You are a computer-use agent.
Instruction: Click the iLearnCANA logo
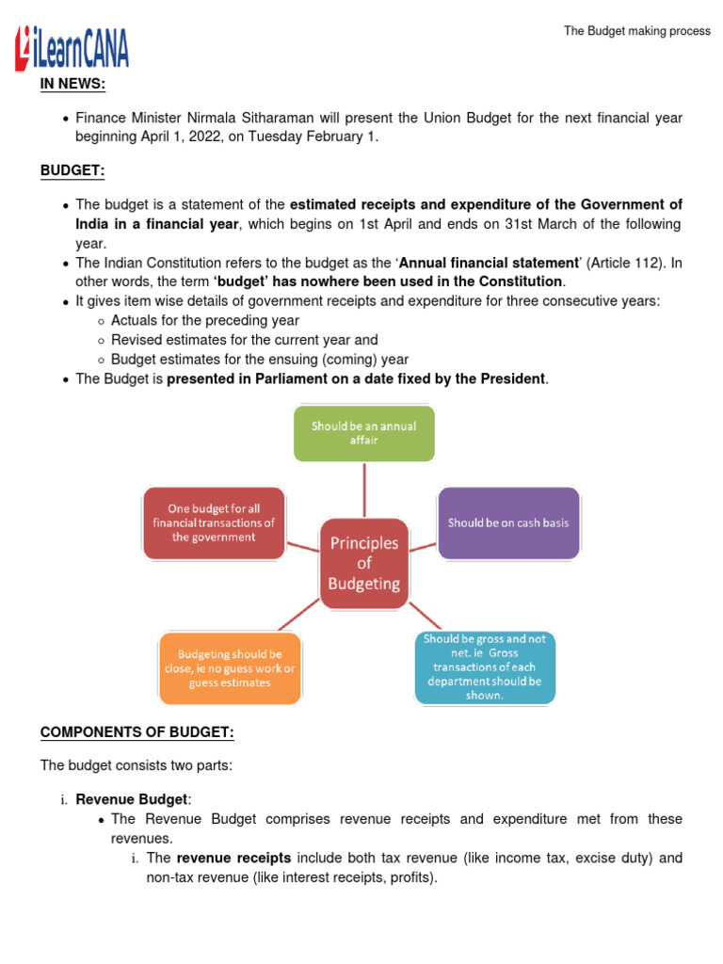pos(72,49)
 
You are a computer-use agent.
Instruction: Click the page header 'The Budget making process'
pos(636,31)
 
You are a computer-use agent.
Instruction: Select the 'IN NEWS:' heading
pos(72,86)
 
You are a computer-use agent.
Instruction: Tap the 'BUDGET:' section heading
pos(72,170)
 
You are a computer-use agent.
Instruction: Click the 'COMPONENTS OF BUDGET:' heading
pos(137,732)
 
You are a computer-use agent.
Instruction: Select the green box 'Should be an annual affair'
pos(363,433)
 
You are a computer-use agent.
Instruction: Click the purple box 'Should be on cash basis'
pos(508,522)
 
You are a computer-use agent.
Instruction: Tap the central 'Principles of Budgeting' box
pos(363,563)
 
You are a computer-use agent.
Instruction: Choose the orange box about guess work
pos(230,667)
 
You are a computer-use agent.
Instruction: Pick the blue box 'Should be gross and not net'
pos(485,667)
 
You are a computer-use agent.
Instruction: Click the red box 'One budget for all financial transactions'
pos(213,522)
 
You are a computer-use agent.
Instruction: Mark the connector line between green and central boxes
pos(363,490)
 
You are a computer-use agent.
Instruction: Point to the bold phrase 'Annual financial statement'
pos(489,264)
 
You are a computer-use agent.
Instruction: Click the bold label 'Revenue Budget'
pos(132,799)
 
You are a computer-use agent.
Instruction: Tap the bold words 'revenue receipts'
pos(233,858)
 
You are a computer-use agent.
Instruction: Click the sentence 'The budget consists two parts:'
pos(136,765)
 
